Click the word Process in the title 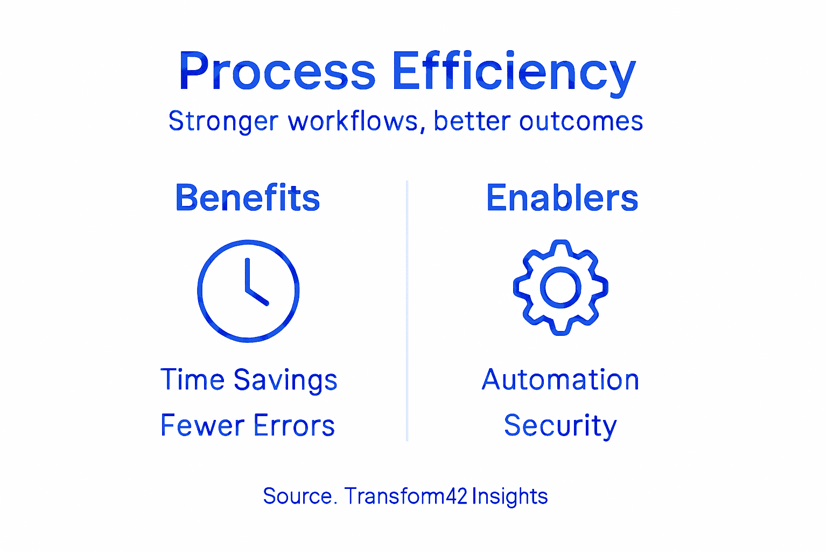click(277, 72)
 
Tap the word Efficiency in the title click(514, 72)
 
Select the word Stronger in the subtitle click(223, 121)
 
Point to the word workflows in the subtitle click(353, 121)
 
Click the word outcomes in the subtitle click(581, 121)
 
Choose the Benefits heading click(248, 198)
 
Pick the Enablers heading click(562, 198)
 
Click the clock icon click(248, 291)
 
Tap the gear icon click(560, 287)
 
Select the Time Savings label click(249, 380)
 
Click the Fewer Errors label click(248, 425)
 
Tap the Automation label click(560, 379)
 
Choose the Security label click(560, 426)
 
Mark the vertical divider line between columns click(407, 310)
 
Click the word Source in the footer click(297, 496)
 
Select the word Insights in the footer click(510, 496)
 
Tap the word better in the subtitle click(471, 121)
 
